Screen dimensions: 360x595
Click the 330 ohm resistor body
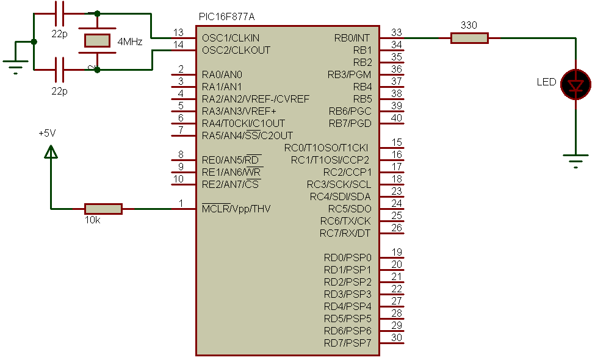pos(469,38)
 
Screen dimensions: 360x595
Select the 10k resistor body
pos(103,209)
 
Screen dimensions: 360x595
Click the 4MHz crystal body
pos(97,41)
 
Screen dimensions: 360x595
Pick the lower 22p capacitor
pos(60,70)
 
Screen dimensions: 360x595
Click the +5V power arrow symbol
pos(51,151)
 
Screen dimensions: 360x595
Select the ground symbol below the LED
pos(575,160)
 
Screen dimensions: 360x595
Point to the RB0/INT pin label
pos(352,38)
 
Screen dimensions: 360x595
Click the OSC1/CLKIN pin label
pos(231,38)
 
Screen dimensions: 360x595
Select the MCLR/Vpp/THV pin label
pos(236,209)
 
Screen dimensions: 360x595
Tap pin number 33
pos(397,32)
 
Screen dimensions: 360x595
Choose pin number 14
pos(178,45)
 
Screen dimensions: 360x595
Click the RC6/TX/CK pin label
pos(345,221)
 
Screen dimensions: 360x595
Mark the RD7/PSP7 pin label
pos(347,343)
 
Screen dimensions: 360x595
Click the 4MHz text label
pos(129,41)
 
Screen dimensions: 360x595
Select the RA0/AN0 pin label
pos(222,74)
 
